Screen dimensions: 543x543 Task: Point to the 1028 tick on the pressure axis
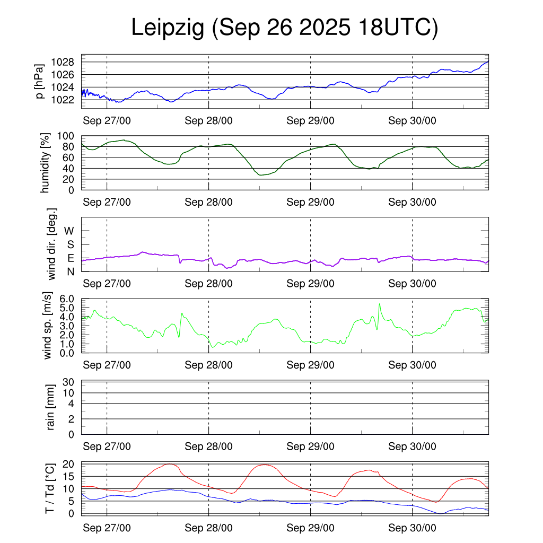tap(66, 63)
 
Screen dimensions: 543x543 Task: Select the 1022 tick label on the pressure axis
tap(66, 100)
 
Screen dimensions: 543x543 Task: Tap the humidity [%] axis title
tap(46, 163)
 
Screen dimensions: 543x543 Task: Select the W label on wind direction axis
tap(69, 231)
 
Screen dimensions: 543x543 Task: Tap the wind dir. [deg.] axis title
tap(51, 244)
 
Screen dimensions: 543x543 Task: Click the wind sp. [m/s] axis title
tap(48, 326)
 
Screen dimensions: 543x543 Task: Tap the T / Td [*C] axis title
tap(49, 488)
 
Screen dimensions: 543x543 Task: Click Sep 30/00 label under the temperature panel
tap(412, 528)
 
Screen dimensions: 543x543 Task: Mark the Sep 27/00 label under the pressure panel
tap(107, 121)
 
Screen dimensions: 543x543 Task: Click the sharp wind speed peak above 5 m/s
tap(380, 304)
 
